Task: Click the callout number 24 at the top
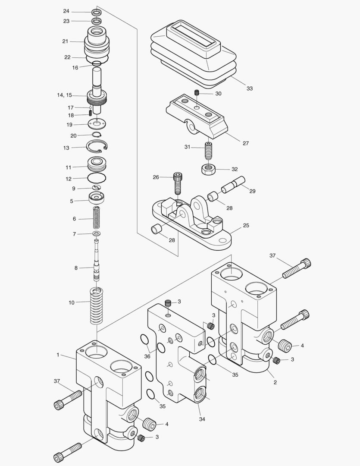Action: (66, 11)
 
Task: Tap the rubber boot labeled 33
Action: (193, 54)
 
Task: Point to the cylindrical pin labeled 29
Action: (233, 184)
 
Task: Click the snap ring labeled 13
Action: (97, 147)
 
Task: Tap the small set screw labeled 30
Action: (197, 93)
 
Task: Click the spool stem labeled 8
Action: (97, 263)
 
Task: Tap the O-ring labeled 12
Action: (97, 178)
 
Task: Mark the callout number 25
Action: (246, 225)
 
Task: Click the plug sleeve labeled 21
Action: (97, 41)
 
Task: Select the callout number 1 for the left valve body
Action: (58, 355)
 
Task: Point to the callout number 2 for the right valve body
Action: (275, 382)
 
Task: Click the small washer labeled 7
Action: (97, 234)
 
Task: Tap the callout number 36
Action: (147, 356)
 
